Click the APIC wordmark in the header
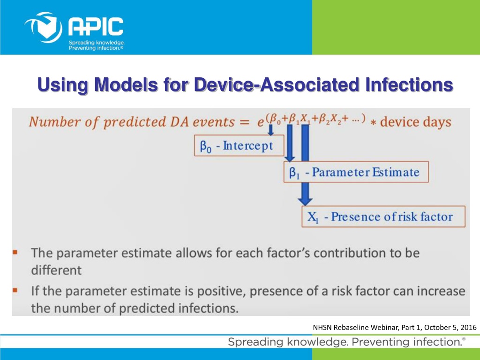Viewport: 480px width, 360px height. pos(96,26)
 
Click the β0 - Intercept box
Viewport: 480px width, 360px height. pos(239,146)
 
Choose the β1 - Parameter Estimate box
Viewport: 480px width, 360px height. pos(356,172)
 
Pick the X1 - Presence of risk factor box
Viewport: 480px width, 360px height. pos(383,217)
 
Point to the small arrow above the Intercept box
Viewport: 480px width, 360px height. pos(270,130)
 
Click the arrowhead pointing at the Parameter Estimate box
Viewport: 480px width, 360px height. pos(290,158)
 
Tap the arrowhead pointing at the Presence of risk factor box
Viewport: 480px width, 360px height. pos(305,202)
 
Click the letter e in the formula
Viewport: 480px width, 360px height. pos(261,122)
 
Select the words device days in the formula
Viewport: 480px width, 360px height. pos(415,122)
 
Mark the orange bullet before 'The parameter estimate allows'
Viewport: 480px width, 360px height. pos(15,253)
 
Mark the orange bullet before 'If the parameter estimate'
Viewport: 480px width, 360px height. pos(15,290)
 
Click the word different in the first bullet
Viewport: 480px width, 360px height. pos(56,270)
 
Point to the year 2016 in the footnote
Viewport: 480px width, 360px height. pos(468,327)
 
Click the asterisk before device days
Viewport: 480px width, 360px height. pos(373,122)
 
